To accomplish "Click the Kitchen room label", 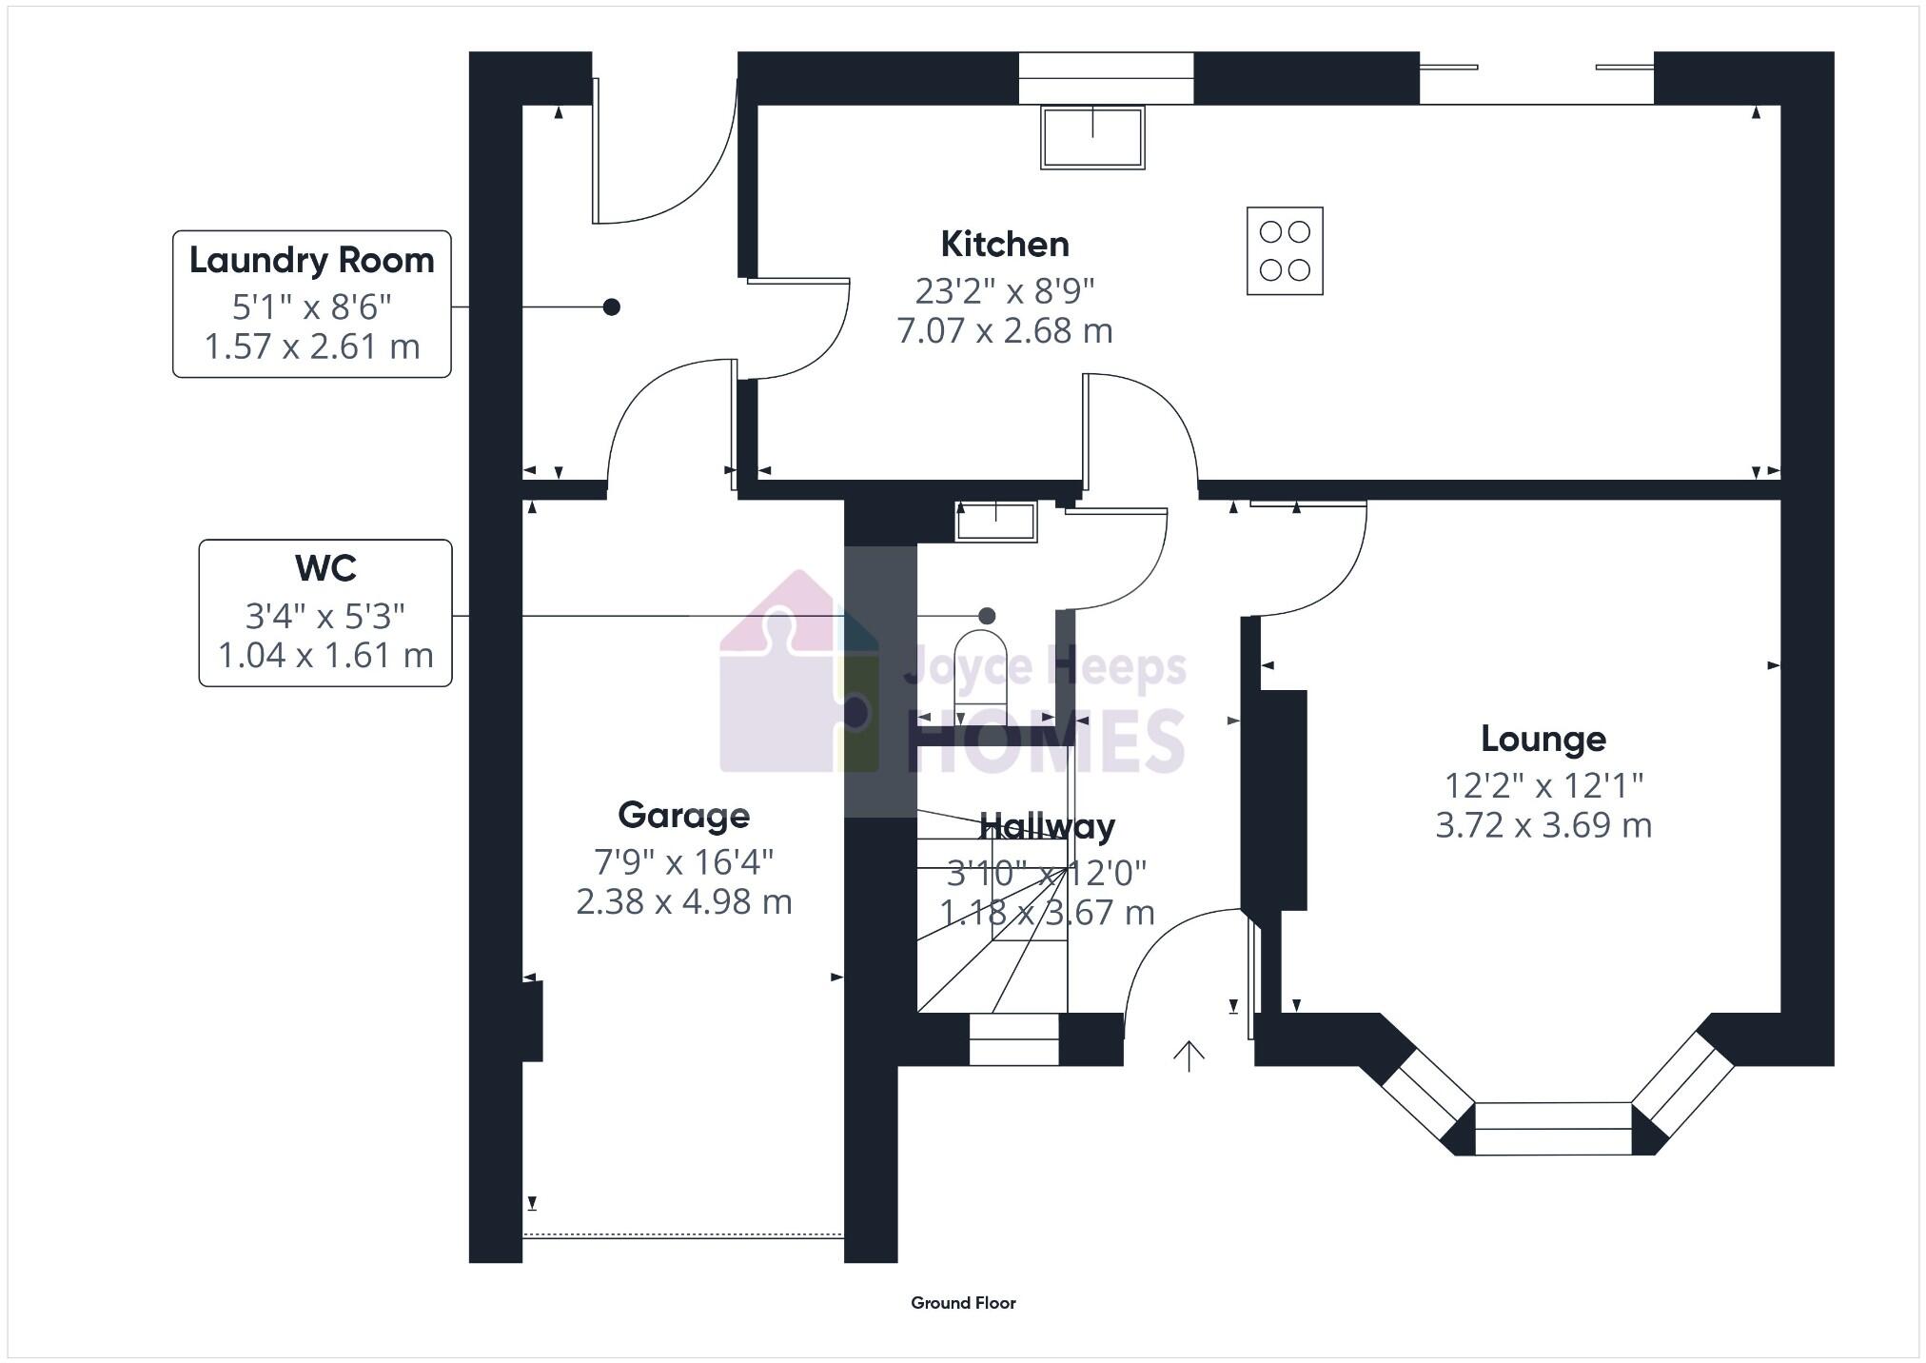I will pyautogui.click(x=1005, y=245).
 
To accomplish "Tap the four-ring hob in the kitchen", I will pyautogui.click(x=1285, y=251).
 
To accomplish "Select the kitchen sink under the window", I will pyautogui.click(x=1092, y=138).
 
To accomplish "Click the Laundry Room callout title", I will pyautogui.click(x=311, y=260).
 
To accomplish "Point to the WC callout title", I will pyautogui.click(x=325, y=568).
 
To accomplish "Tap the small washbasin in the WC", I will pyautogui.click(x=995, y=523).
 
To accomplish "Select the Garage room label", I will pyautogui.click(x=683, y=815).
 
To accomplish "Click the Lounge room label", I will pyautogui.click(x=1543, y=739).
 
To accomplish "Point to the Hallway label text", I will pyautogui.click(x=1047, y=826).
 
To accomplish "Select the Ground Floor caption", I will pyautogui.click(x=963, y=1303).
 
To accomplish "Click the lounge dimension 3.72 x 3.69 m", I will pyautogui.click(x=1543, y=825).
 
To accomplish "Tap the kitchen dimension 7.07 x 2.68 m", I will pyautogui.click(x=1005, y=331).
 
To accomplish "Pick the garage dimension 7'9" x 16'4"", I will pyautogui.click(x=683, y=862).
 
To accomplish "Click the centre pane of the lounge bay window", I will pyautogui.click(x=1553, y=1129).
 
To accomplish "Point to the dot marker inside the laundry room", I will pyautogui.click(x=612, y=306).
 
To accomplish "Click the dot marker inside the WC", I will pyautogui.click(x=987, y=616).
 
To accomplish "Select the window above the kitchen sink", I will pyautogui.click(x=1106, y=78).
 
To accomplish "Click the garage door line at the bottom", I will pyautogui.click(x=683, y=1235).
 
